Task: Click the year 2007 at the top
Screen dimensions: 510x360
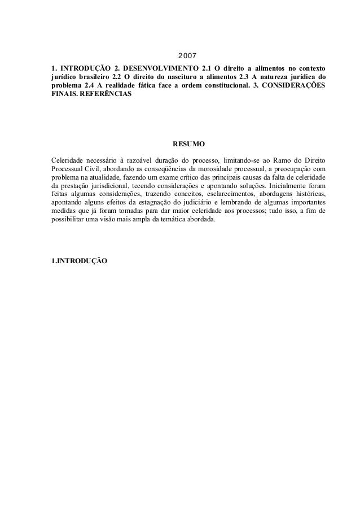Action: click(187, 57)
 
